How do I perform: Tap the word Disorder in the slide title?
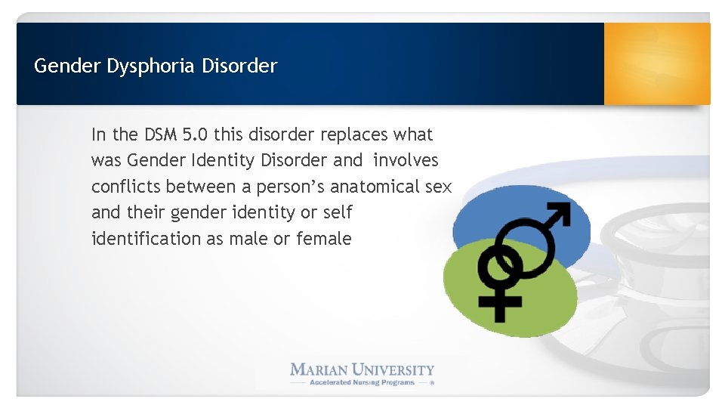239,66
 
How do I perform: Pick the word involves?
406,160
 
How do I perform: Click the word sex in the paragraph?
438,187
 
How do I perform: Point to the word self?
338,212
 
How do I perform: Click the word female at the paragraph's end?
324,239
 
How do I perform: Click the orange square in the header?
657,63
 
